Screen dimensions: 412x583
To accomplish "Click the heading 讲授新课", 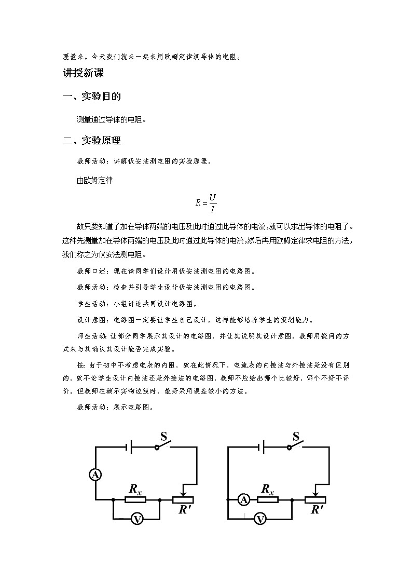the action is (83, 73).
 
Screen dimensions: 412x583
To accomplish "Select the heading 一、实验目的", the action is (91, 97).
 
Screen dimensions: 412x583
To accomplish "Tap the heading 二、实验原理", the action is (91, 141).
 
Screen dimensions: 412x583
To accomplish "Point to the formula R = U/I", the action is (206, 202).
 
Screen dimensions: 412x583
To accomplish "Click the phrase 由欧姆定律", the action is (94, 181).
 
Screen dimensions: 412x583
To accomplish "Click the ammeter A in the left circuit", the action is (95, 474).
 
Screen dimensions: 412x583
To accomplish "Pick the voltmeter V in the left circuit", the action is (137, 519).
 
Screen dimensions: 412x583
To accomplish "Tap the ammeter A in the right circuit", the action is (243, 499).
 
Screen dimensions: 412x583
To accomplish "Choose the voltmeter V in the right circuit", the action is (260, 519).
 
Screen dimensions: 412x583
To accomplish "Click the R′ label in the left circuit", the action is (185, 510).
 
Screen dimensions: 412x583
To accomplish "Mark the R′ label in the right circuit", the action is (318, 510).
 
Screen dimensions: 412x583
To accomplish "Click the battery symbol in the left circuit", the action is (130, 446).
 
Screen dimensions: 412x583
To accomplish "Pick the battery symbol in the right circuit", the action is (263, 446).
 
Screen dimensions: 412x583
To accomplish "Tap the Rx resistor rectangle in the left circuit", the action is (135, 500).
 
